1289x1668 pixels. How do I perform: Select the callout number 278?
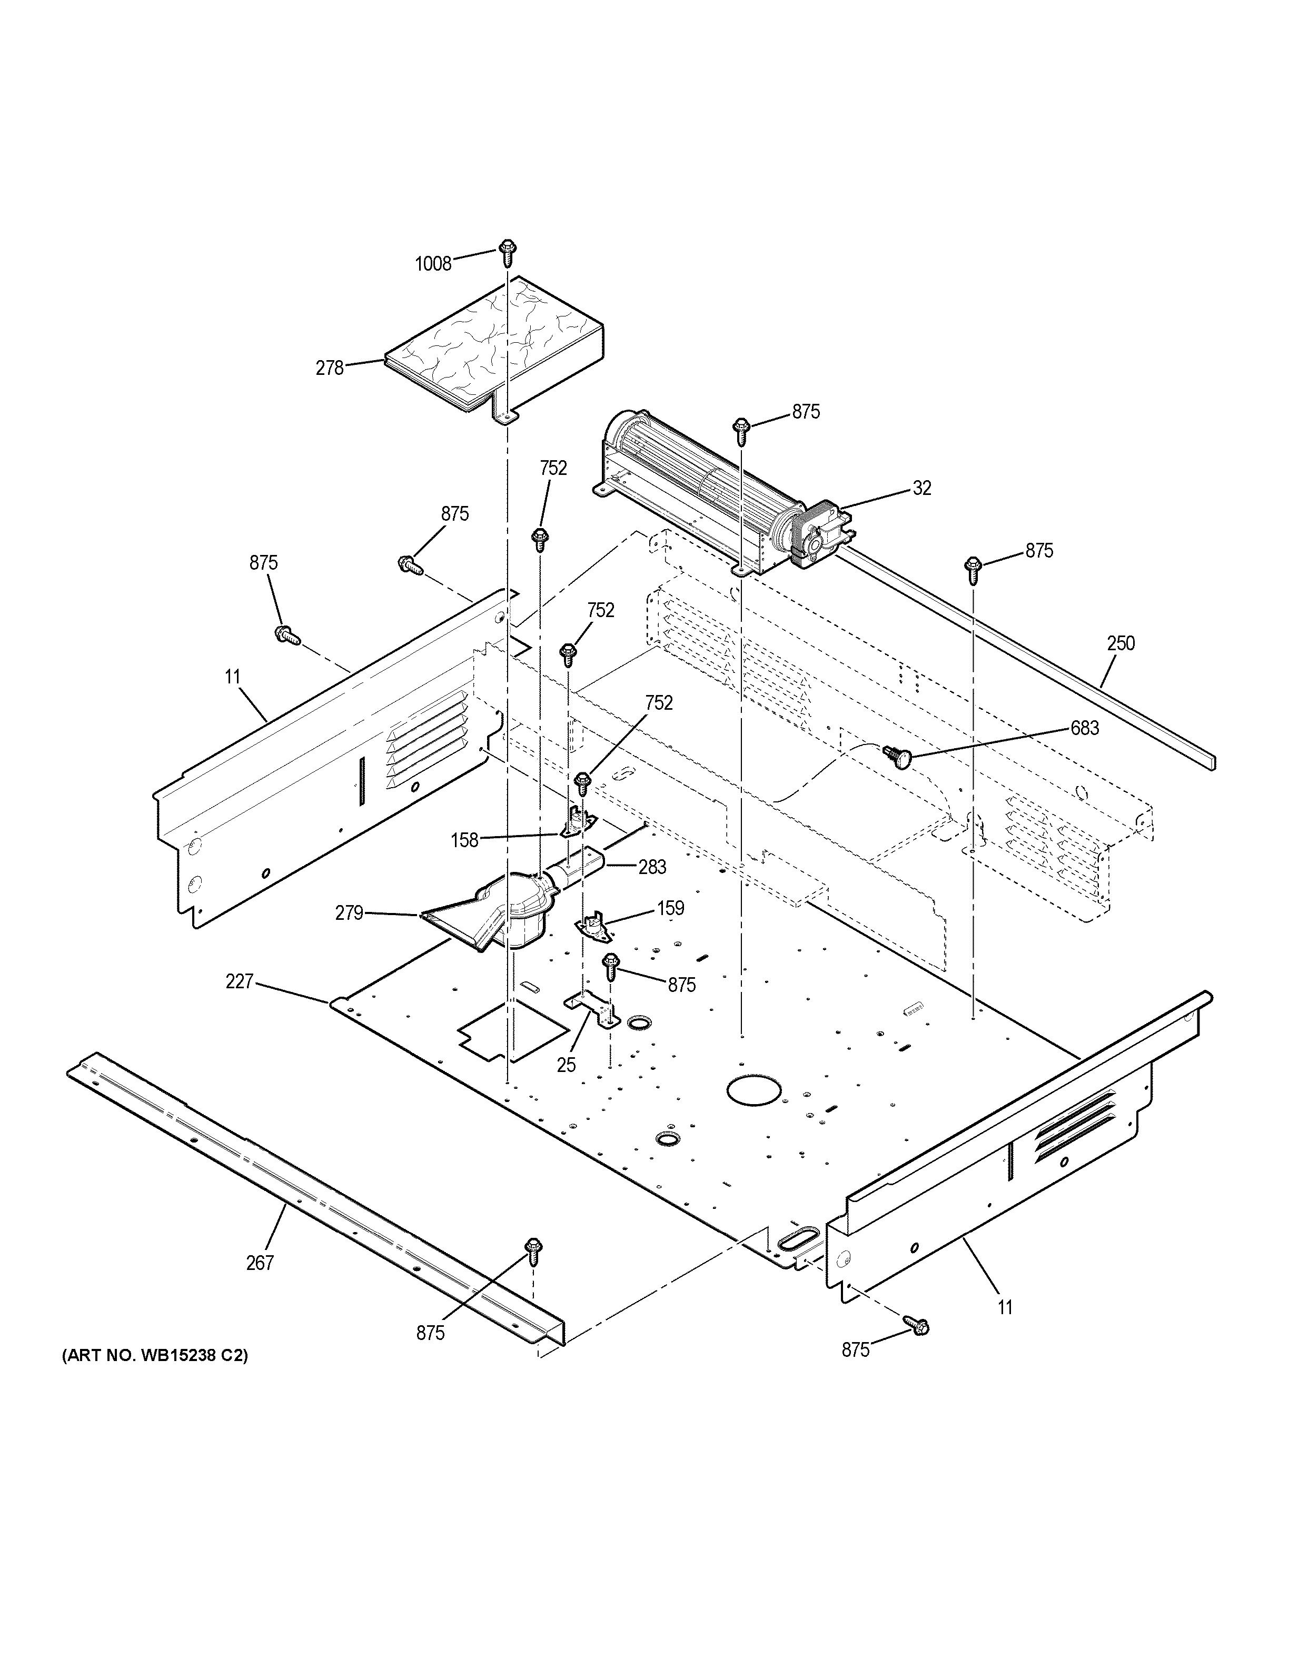pos(330,368)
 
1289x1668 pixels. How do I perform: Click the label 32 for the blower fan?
pos(921,488)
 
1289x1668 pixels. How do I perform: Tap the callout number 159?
pos(670,908)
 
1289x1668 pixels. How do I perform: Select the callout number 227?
pos(239,981)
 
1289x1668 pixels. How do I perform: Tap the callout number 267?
pos(260,1263)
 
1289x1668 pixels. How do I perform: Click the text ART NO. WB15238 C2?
pos(154,1356)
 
